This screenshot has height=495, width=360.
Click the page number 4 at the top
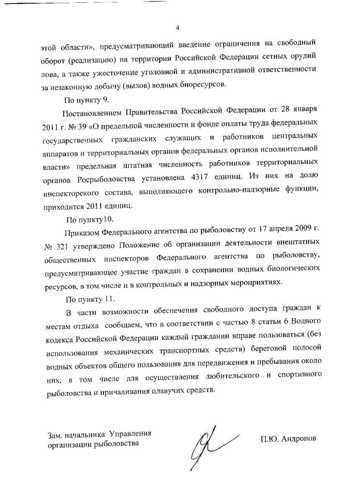[x=178, y=28]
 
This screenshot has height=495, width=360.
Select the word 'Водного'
[x=300, y=321]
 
